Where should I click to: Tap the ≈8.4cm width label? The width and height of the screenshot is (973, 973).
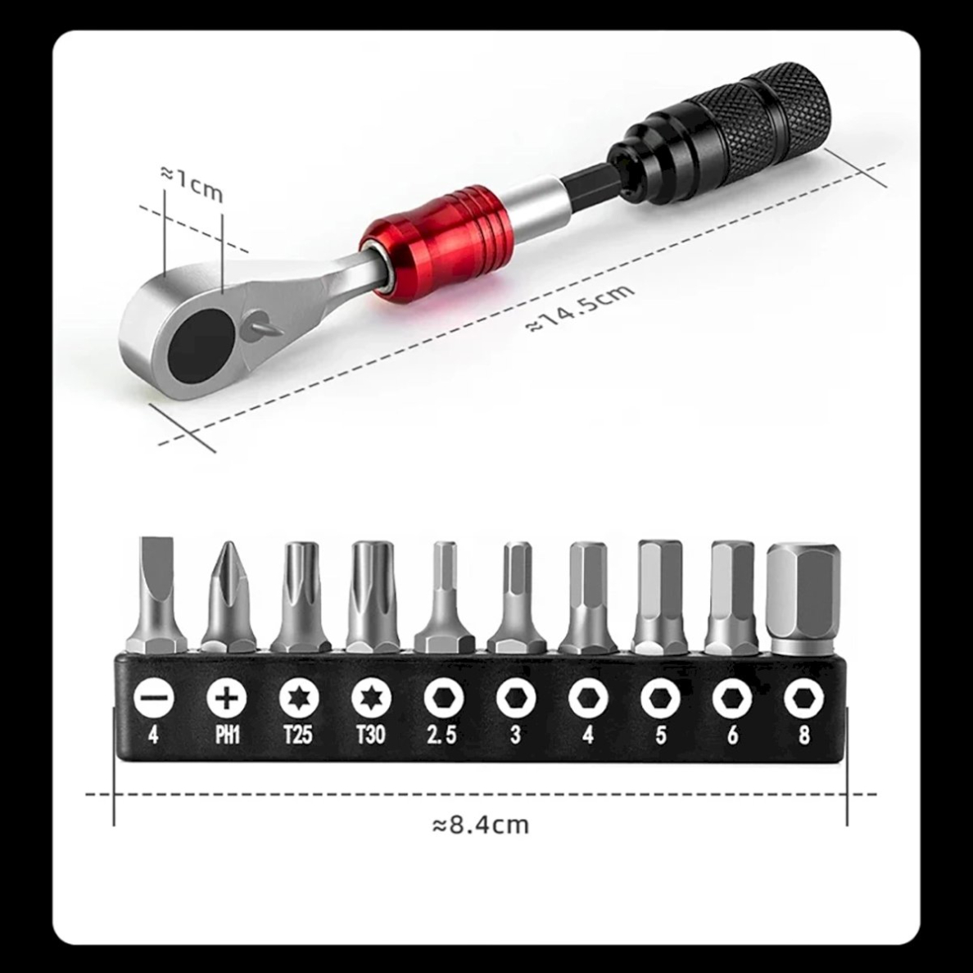pyautogui.click(x=481, y=824)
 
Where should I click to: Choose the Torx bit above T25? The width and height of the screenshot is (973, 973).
pyautogui.click(x=299, y=595)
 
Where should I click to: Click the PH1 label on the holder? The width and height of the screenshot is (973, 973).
pyautogui.click(x=227, y=735)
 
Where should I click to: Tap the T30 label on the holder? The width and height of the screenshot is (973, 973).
pyautogui.click(x=370, y=735)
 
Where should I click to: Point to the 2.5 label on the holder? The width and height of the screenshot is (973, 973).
pyautogui.click(x=442, y=735)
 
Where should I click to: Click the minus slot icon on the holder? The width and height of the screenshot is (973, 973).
pyautogui.click(x=153, y=699)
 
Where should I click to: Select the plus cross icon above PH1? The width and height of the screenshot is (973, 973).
pyautogui.click(x=227, y=699)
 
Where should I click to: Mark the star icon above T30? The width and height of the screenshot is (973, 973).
pyautogui.click(x=371, y=699)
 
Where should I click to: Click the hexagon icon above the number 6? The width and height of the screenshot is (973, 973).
pyautogui.click(x=731, y=699)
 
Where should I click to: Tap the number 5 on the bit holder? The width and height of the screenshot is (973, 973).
pyautogui.click(x=660, y=735)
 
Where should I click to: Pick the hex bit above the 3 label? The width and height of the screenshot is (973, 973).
pyautogui.click(x=515, y=595)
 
